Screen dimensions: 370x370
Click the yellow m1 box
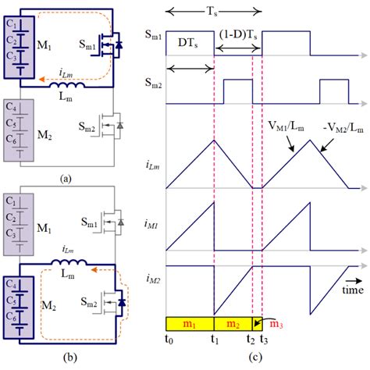point(190,323)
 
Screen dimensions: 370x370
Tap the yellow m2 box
point(233,323)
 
